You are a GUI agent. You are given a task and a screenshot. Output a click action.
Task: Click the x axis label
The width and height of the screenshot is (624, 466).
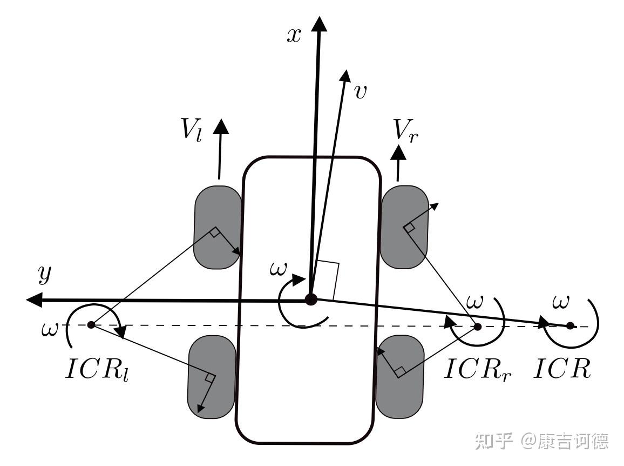click(x=294, y=36)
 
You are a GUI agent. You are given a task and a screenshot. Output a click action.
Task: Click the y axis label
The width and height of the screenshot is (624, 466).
click(x=45, y=274)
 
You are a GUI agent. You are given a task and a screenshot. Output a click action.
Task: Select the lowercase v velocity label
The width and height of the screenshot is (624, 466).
click(x=360, y=92)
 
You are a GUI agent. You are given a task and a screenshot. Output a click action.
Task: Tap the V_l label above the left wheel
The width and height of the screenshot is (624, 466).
click(x=192, y=129)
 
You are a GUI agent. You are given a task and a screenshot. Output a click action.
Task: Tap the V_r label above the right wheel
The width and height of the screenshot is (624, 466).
click(x=406, y=130)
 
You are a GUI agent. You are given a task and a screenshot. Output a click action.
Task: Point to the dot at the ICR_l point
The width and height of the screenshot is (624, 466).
click(x=92, y=324)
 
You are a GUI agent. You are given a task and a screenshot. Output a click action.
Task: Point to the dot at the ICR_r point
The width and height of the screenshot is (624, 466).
click(x=478, y=327)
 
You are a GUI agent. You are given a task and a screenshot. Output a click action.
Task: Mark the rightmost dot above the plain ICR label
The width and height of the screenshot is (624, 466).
click(x=570, y=325)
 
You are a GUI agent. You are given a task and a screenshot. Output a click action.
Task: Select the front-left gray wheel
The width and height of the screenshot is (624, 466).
click(x=218, y=227)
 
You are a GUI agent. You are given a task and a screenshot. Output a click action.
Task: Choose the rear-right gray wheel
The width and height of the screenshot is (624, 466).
click(x=400, y=376)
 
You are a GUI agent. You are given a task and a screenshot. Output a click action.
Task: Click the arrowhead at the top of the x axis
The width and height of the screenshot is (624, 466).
click(x=319, y=23)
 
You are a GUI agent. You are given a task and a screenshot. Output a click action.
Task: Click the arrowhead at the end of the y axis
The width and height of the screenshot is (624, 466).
click(x=34, y=299)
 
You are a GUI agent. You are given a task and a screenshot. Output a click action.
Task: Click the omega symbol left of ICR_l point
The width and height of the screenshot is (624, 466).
click(x=50, y=330)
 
